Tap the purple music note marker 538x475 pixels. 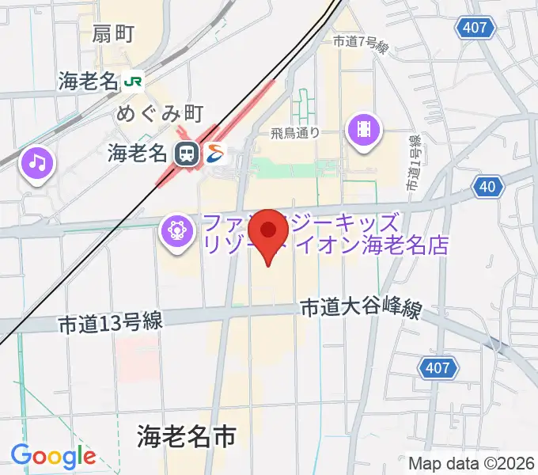37,164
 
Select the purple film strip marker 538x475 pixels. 363,128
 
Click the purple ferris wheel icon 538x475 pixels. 176,231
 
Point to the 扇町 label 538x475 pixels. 113,34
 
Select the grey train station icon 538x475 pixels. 187,153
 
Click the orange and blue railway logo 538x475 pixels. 216,152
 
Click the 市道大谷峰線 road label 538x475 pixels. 360,309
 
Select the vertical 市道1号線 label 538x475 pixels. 413,161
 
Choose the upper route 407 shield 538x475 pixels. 475,28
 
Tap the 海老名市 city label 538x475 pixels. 187,435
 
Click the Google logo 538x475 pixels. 53,456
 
